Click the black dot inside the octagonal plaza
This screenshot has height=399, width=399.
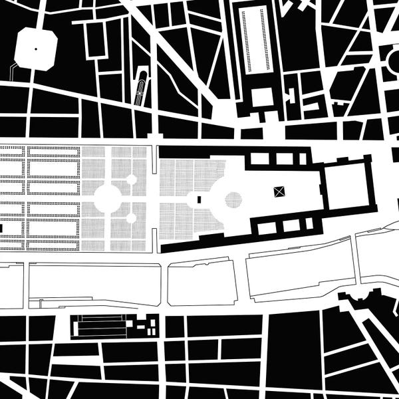click(x=35, y=48)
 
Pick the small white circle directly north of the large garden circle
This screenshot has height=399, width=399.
click(x=132, y=179)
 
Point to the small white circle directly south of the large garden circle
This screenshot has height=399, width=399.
click(x=132, y=217)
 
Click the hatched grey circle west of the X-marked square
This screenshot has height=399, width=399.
click(x=233, y=199)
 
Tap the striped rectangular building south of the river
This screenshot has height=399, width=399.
click(x=100, y=325)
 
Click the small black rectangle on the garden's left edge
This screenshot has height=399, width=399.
click(x=1, y=228)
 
